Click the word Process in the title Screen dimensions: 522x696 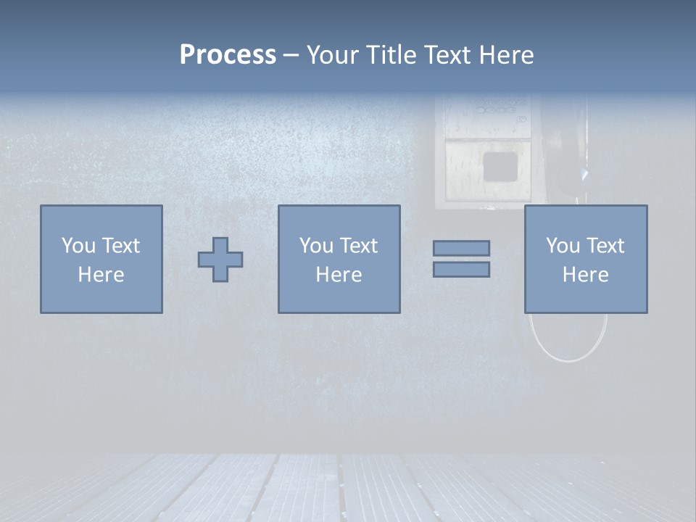point(228,55)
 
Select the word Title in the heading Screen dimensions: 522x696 point(391,55)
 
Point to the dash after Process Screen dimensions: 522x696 point(291,56)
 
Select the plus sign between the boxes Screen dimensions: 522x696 point(220,260)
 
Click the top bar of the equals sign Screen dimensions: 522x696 point(461,249)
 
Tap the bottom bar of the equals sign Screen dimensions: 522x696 point(461,270)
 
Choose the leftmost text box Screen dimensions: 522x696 point(101,260)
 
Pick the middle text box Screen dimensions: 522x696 point(339,260)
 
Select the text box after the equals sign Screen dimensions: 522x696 point(585,260)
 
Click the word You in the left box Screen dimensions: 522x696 point(78,246)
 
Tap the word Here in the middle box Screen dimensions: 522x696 point(339,275)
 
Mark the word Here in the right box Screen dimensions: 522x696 point(585,275)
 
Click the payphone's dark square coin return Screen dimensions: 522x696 point(500,167)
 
